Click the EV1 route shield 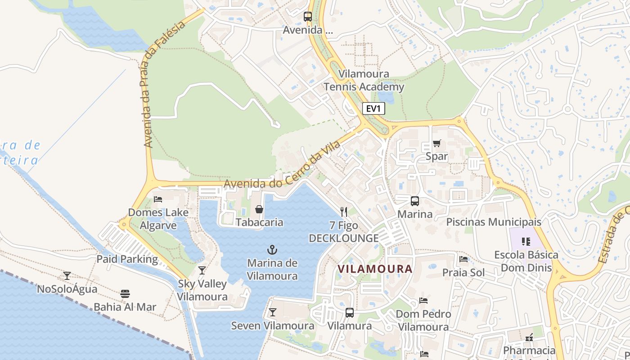(373, 108)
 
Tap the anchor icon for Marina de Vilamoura (272, 250)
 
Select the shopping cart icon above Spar (436, 144)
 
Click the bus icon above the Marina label (414, 201)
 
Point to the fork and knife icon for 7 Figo (344, 212)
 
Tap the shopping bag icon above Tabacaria (259, 209)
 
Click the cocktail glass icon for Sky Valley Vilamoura (202, 270)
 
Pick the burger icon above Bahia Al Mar (125, 294)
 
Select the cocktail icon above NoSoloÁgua (67, 275)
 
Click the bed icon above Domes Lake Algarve (157, 199)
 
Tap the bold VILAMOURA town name (375, 269)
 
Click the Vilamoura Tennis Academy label (364, 80)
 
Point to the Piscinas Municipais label (494, 222)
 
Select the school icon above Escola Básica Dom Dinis (526, 242)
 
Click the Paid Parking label (127, 259)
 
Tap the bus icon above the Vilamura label (350, 313)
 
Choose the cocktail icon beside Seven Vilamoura (273, 312)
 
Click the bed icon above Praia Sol (463, 259)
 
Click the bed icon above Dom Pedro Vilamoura (423, 301)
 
